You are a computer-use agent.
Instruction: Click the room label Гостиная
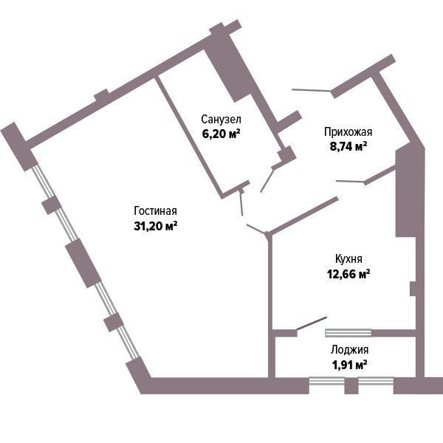(155, 211)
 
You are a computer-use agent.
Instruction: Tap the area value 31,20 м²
(155, 226)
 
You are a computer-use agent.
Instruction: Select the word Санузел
(221, 119)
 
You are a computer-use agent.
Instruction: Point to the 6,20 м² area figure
(221, 134)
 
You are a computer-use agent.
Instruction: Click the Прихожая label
(348, 132)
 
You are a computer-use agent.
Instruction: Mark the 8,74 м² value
(348, 146)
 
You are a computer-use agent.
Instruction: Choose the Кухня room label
(348, 259)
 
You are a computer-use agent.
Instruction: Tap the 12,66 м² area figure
(348, 273)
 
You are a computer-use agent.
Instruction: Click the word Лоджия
(349, 350)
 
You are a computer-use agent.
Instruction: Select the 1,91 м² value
(349, 365)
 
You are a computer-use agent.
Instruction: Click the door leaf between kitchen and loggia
(312, 323)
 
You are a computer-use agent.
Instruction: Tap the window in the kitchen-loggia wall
(348, 333)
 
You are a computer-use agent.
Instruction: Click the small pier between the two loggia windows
(351, 385)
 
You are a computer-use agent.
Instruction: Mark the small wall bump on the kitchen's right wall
(413, 289)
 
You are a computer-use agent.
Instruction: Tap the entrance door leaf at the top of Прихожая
(312, 90)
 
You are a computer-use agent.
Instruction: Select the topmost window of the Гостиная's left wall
(42, 182)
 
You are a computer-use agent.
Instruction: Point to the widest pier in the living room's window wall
(83, 263)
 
